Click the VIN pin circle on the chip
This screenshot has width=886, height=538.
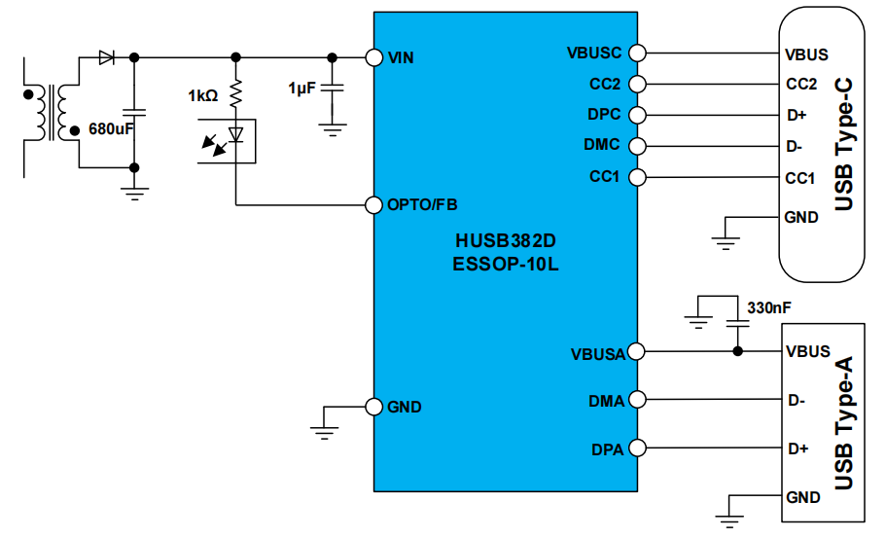click(x=374, y=57)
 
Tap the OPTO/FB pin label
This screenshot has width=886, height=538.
click(x=422, y=204)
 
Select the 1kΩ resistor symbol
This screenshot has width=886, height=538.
click(x=235, y=93)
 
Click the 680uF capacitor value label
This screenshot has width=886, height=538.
click(x=111, y=128)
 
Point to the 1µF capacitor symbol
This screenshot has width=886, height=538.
click(x=333, y=89)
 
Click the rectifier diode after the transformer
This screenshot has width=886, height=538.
click(x=106, y=57)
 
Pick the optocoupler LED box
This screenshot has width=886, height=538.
click(x=227, y=141)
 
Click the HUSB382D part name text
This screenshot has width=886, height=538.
click(x=505, y=240)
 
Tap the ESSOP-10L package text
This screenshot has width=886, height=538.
click(x=505, y=264)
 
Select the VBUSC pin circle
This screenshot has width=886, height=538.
click(x=637, y=53)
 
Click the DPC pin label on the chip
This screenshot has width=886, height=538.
click(x=604, y=114)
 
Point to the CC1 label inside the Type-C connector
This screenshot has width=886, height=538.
click(x=800, y=179)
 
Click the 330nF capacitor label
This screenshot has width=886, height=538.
click(x=769, y=307)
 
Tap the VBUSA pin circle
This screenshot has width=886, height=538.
click(x=636, y=351)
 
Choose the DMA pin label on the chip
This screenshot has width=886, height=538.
click(x=606, y=401)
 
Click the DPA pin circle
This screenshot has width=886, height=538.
click(x=637, y=448)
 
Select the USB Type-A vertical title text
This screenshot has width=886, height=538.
click(x=843, y=422)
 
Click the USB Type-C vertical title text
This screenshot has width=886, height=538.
click(x=843, y=145)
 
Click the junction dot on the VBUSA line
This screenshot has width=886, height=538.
click(x=737, y=351)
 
